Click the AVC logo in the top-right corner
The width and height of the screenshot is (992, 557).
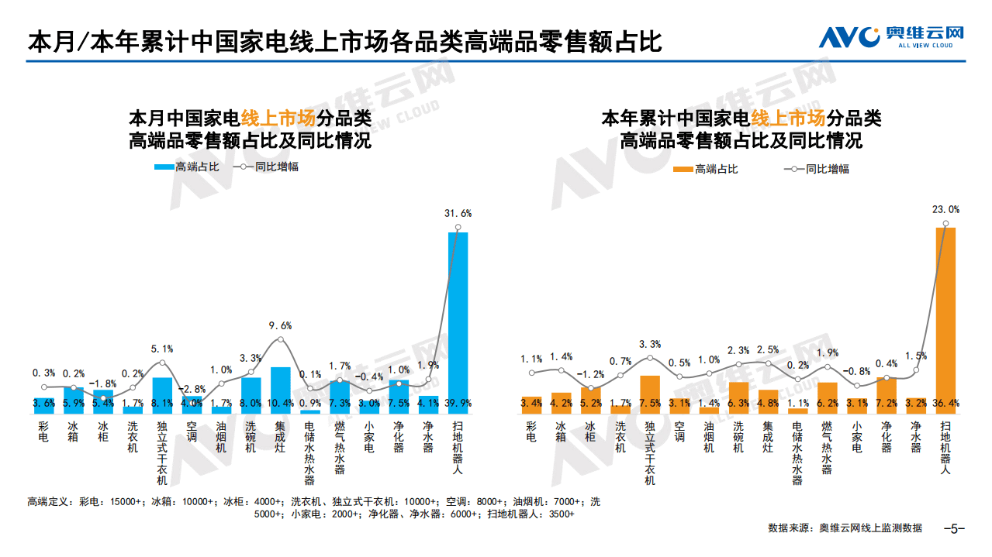click(x=891, y=36)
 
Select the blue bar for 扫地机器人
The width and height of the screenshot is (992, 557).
click(x=458, y=318)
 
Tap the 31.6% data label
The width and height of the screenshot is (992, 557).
click(x=458, y=213)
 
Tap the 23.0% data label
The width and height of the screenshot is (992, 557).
click(x=945, y=209)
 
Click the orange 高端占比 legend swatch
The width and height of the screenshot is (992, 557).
click(x=683, y=169)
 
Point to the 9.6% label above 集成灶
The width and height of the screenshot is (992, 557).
click(x=280, y=325)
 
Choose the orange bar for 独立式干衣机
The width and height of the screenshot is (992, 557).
click(x=650, y=391)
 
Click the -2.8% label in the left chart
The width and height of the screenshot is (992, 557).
click(x=192, y=389)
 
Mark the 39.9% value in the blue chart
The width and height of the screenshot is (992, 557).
click(x=458, y=404)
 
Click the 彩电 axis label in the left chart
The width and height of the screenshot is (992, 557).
click(x=43, y=432)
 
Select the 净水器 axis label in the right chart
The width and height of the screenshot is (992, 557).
click(x=916, y=437)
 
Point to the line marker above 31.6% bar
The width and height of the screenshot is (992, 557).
click(x=458, y=228)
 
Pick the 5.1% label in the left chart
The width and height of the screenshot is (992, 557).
click(x=162, y=349)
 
